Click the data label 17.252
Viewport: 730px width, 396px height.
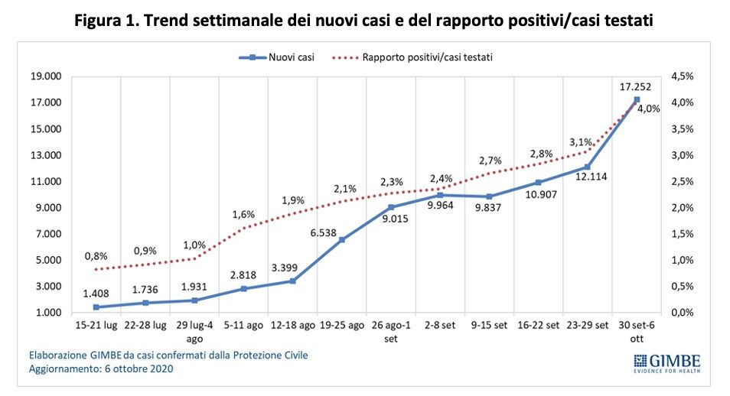click(x=635, y=86)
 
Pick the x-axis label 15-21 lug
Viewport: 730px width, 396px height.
click(x=96, y=325)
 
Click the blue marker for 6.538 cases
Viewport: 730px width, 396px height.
click(x=342, y=239)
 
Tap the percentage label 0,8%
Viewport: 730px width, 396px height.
click(x=96, y=255)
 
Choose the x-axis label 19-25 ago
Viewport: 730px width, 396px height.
click(x=341, y=325)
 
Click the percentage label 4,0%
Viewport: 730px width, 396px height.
click(x=648, y=109)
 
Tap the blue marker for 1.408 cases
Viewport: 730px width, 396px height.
click(x=96, y=307)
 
